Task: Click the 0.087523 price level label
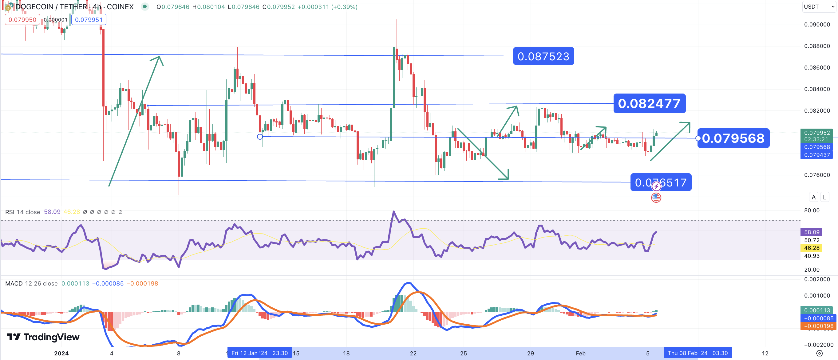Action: [543, 56]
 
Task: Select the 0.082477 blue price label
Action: [649, 103]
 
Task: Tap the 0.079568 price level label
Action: [733, 138]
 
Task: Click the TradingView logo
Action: [43, 337]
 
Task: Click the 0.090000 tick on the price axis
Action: [816, 25]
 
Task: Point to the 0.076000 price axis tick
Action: [816, 175]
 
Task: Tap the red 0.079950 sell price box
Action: [22, 19]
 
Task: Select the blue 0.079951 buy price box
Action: [89, 19]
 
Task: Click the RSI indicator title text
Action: [22, 212]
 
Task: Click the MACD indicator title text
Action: [31, 283]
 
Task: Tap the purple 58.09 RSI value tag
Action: [811, 232]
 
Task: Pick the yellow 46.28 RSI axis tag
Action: [811, 248]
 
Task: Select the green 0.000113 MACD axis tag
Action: [816, 310]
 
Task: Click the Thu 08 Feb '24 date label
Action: [698, 353]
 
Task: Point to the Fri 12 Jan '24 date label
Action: [259, 353]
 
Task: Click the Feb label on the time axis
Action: [580, 354]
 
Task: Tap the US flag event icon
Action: [656, 198]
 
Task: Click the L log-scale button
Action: [824, 197]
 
